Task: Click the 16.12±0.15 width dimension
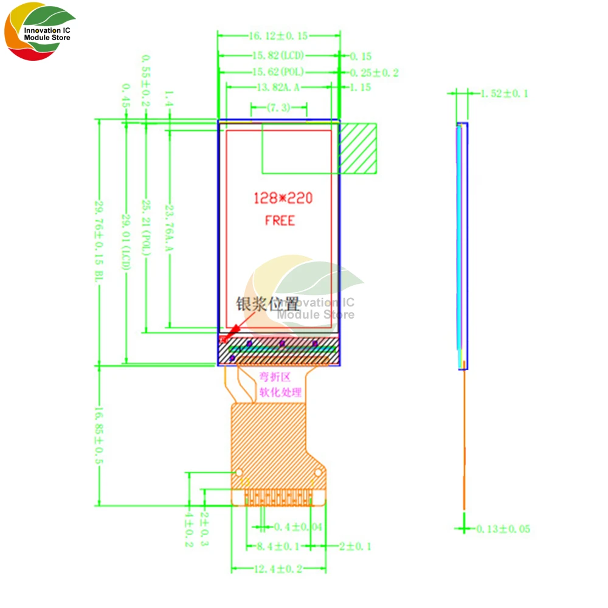coord(278,36)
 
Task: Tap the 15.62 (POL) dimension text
coord(277,72)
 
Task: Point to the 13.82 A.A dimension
coord(278,88)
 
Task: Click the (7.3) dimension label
coord(278,108)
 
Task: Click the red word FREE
coord(280,220)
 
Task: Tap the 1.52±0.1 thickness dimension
coord(504,93)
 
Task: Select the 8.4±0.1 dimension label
coord(278,546)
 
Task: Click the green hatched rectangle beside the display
coord(358,148)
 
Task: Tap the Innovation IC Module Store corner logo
coord(40,33)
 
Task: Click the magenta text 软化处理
coord(280,392)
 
